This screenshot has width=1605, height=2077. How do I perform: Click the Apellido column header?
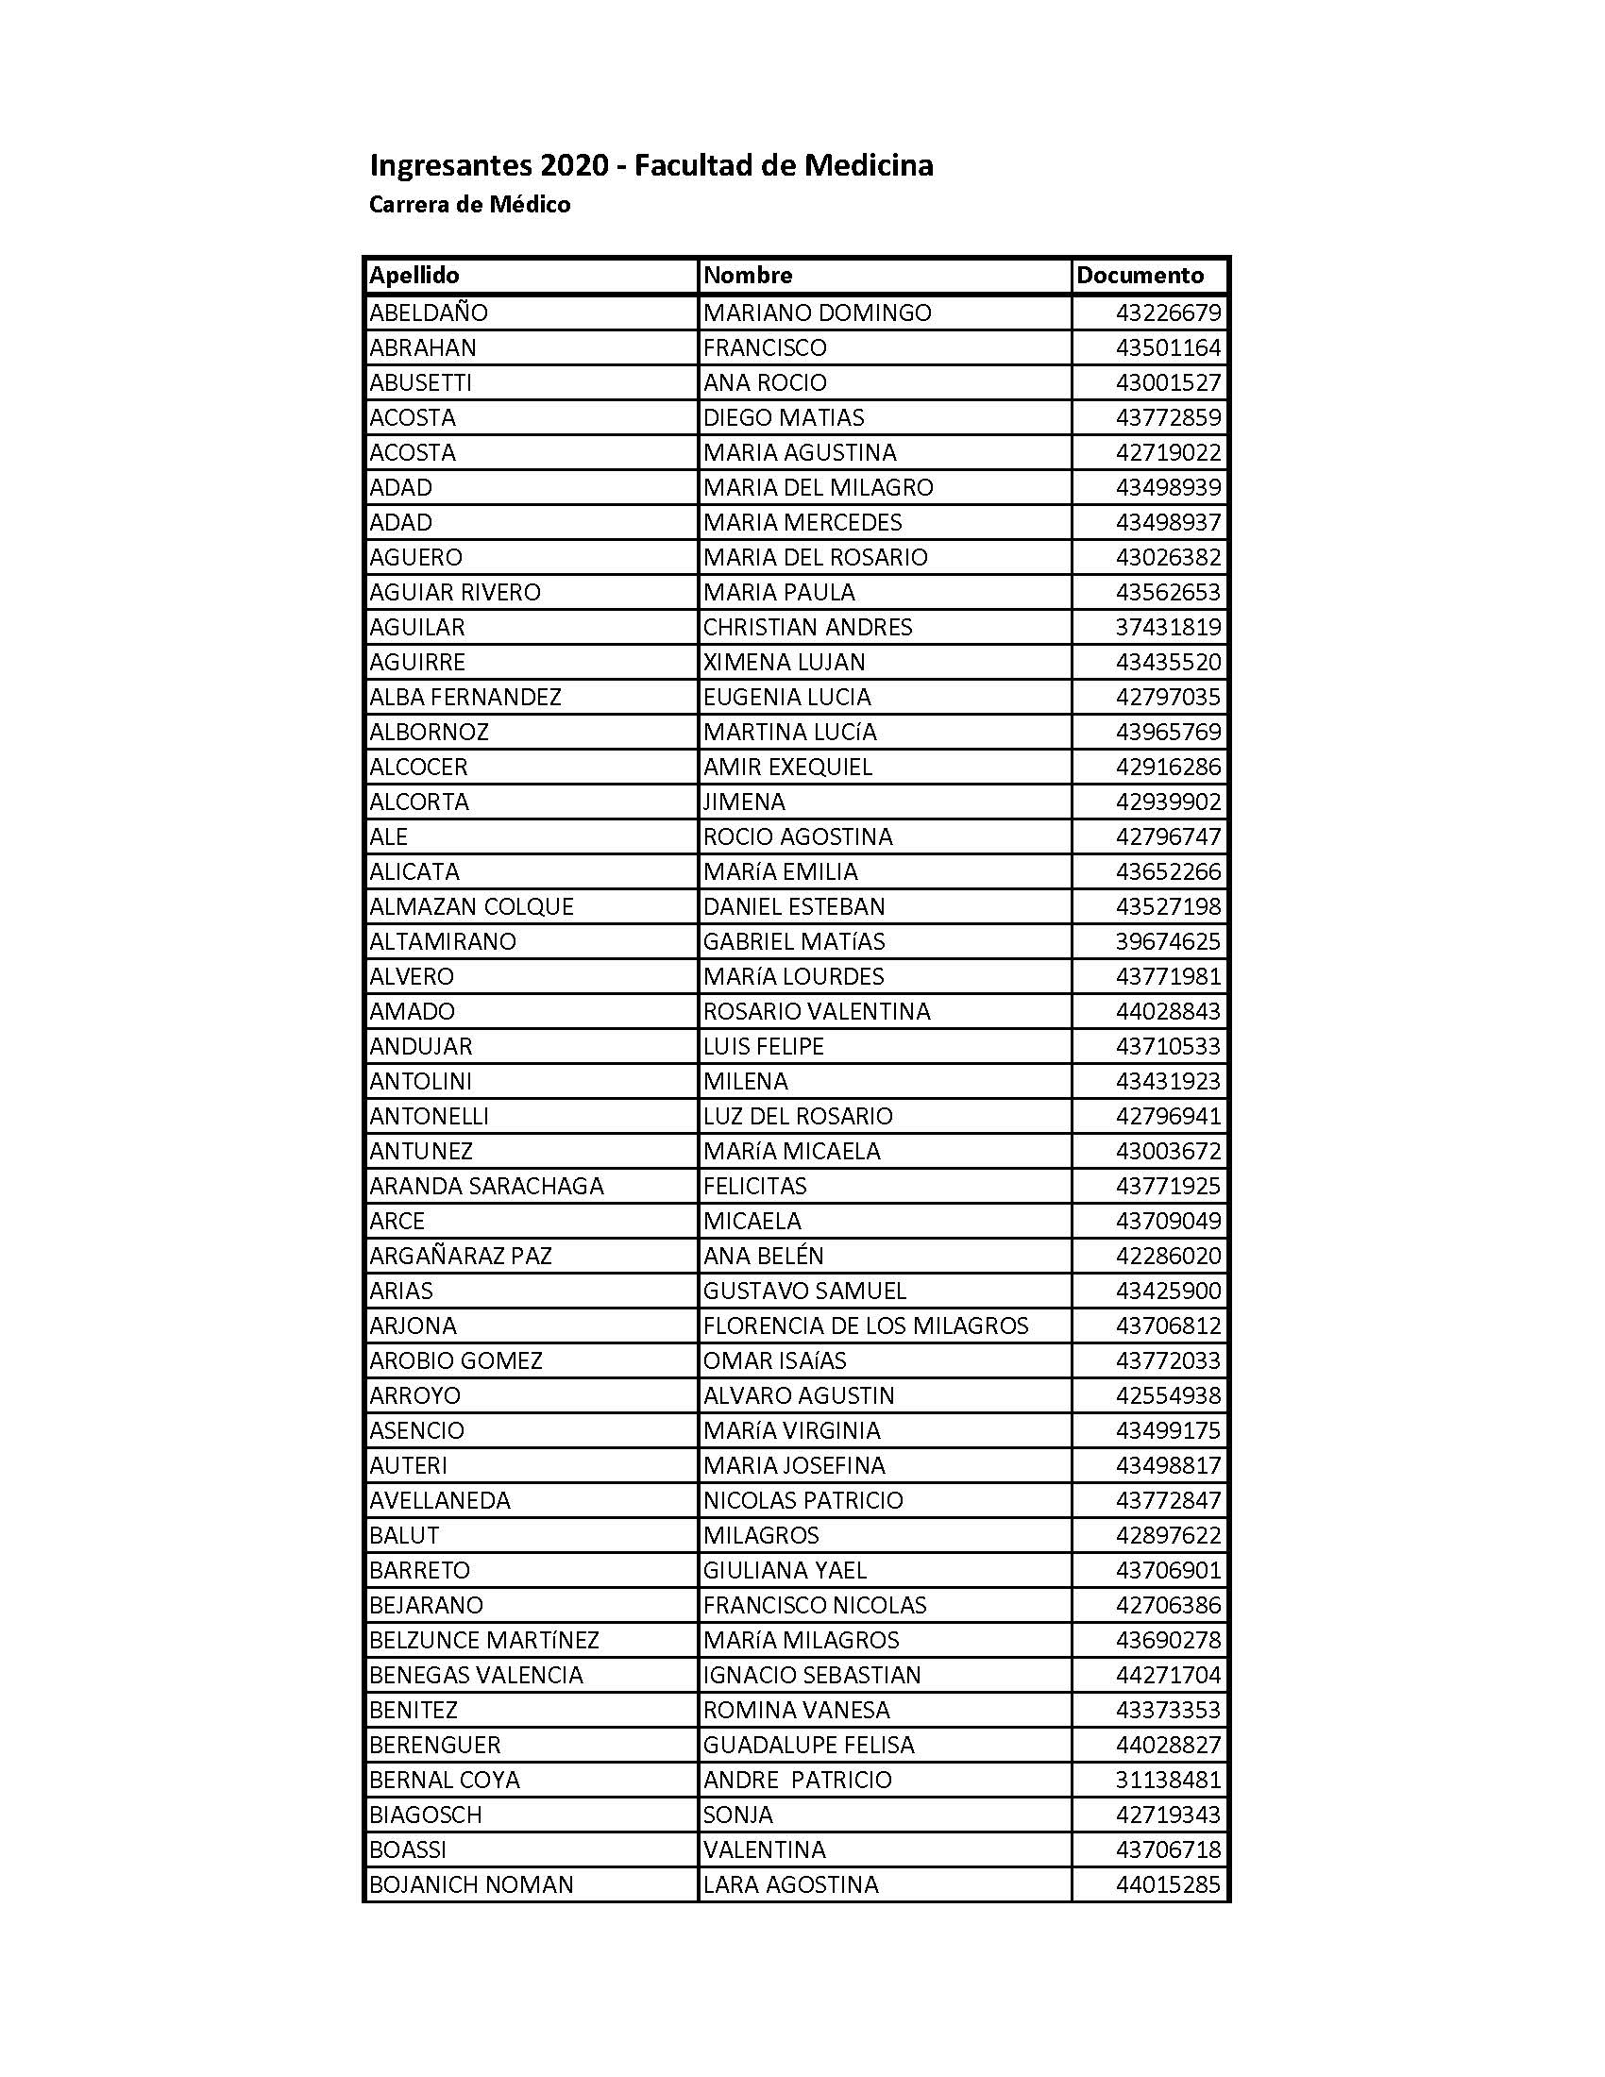(414, 276)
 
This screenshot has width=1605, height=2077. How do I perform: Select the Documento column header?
(1140, 276)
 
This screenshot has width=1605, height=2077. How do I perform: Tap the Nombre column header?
(748, 276)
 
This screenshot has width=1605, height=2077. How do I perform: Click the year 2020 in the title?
(574, 165)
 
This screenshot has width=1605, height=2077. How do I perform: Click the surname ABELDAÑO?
(429, 312)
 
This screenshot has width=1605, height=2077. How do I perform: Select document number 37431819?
(1168, 628)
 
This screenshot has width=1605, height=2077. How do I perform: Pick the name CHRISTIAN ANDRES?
(807, 628)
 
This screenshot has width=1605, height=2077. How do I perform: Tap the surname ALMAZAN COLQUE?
(472, 907)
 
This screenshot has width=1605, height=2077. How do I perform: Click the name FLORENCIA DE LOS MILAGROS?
(865, 1326)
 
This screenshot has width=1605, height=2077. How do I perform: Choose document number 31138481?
(1168, 1781)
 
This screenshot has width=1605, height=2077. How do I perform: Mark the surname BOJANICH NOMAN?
(472, 1885)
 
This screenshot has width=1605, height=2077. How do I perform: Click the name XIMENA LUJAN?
(785, 663)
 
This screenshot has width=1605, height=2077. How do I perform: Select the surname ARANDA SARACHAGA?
(487, 1186)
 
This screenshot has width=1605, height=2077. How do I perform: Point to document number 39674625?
(1168, 941)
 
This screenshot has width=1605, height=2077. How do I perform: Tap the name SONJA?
(738, 1815)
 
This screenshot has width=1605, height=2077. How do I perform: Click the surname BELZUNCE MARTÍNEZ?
(484, 1641)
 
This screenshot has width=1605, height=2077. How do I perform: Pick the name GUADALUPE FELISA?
(808, 1745)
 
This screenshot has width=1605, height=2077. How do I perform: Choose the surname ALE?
(389, 836)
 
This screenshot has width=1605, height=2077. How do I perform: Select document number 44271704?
(1168, 1675)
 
